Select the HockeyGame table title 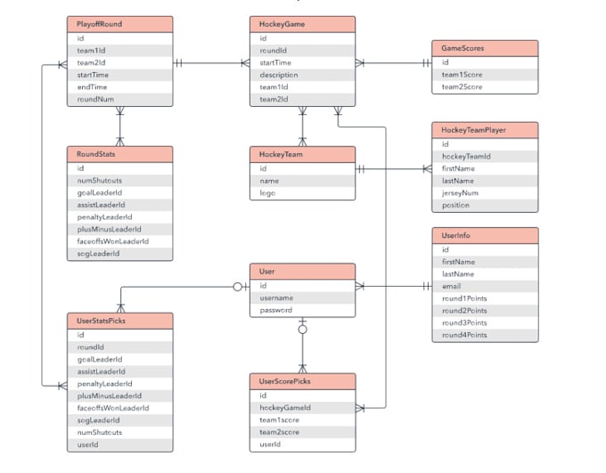(x=302, y=25)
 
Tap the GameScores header (x=484, y=49)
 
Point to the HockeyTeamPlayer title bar (x=484, y=131)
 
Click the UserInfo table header (x=484, y=236)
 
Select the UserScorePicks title (x=302, y=382)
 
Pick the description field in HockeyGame (x=302, y=76)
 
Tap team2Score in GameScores (x=484, y=87)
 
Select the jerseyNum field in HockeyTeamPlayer (x=484, y=192)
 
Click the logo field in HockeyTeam (x=302, y=192)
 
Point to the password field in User (x=302, y=310)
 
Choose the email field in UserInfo (x=484, y=286)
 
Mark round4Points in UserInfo (x=484, y=335)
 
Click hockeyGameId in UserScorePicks (x=302, y=407)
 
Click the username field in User (x=302, y=298)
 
